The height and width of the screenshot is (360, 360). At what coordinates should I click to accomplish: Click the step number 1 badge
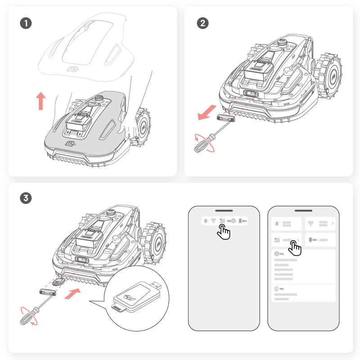[x=26, y=23]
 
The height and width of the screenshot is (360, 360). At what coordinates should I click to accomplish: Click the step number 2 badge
[x=202, y=23]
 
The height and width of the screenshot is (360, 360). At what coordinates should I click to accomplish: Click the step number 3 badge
[x=26, y=198]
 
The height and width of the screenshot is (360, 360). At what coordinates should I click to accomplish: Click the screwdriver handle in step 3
[x=25, y=318]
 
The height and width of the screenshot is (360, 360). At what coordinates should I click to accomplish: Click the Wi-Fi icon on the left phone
[x=213, y=221]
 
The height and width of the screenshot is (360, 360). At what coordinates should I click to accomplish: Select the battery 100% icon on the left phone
[x=243, y=221]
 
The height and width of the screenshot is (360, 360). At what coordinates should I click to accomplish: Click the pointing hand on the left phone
[x=224, y=232]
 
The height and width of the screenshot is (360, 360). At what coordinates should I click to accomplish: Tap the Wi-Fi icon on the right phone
[x=310, y=223]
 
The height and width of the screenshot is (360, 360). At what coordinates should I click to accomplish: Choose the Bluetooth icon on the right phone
[x=277, y=223]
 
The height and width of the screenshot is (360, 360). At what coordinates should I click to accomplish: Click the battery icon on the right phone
[x=310, y=240]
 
